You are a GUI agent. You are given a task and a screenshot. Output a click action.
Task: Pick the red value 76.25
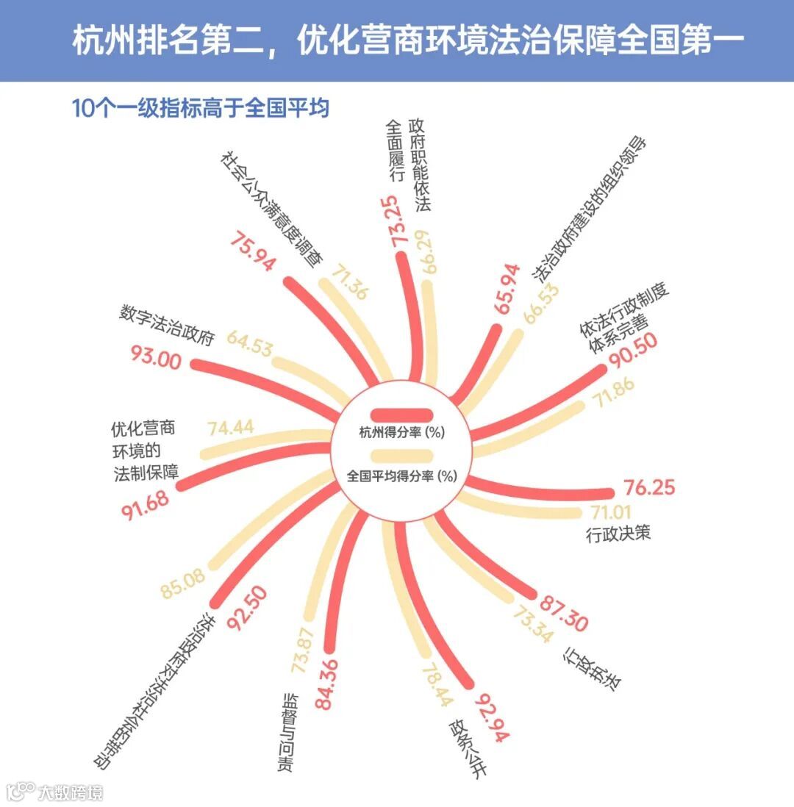(649, 488)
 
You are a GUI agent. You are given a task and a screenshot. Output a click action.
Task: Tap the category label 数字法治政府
(166, 326)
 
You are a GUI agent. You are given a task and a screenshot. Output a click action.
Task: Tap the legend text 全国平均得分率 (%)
(402, 476)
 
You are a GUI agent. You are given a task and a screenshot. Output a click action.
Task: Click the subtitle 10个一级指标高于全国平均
(200, 109)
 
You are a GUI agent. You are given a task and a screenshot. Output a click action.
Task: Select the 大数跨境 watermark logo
(55, 792)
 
